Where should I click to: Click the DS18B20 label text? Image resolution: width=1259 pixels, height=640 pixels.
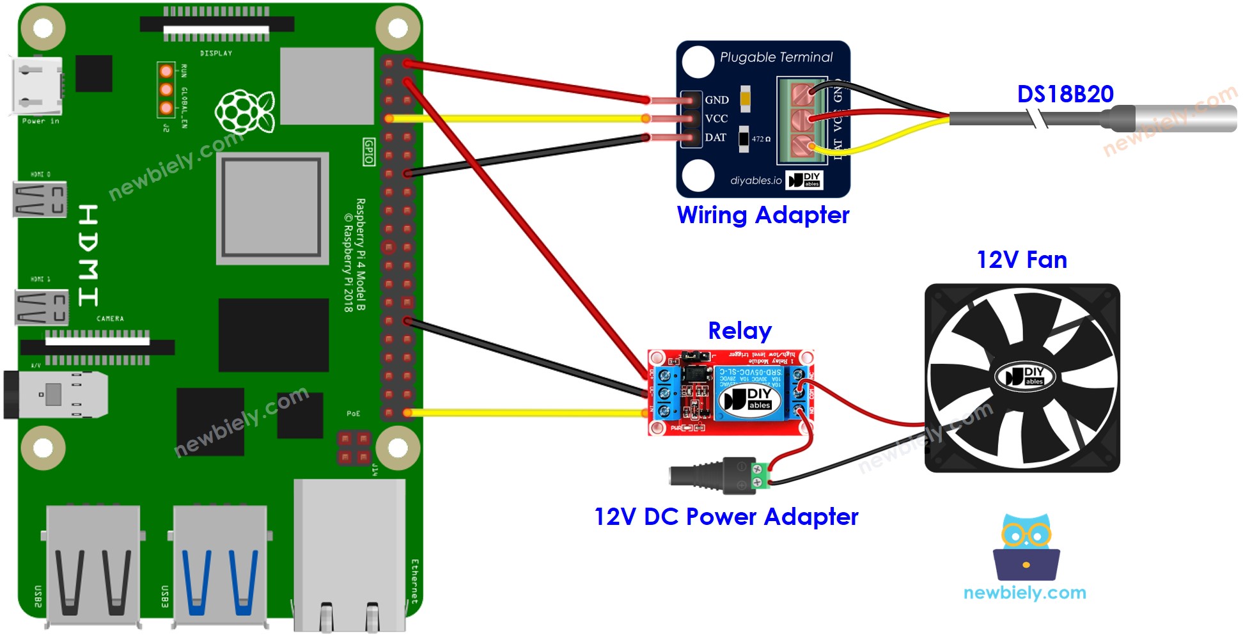coord(1065,94)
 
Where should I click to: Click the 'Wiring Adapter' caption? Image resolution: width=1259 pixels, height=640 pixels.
coord(763,215)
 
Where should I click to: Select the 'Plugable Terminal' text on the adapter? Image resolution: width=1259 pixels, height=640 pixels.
coord(776,58)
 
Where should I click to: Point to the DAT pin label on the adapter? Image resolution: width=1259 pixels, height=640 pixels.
coord(716,137)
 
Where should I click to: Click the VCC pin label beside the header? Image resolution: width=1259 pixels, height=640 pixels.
coord(716,119)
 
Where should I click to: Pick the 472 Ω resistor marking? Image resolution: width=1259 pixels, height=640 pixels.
coord(760,139)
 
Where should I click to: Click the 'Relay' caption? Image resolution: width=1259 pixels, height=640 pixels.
coord(740,331)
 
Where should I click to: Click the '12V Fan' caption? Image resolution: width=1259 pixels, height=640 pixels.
coord(1021,260)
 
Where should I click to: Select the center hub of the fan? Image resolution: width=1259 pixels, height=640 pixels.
coord(1023,377)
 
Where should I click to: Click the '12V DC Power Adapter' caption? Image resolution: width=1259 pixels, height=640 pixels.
coord(726,517)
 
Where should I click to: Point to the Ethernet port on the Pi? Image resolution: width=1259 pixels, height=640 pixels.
coord(349,556)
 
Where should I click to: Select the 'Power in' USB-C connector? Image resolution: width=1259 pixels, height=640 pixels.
coord(37,86)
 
